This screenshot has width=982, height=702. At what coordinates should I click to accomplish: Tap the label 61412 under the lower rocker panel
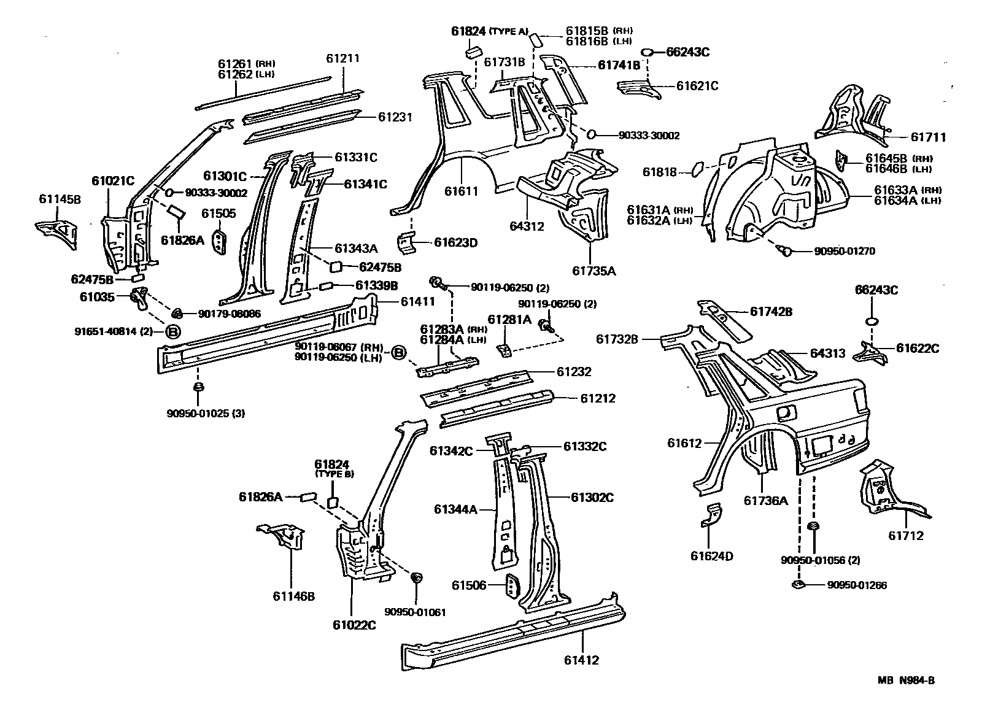pos(581,660)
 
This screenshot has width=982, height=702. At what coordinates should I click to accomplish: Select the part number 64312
pos(527,226)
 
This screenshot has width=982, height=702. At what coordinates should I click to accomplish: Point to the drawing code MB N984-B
pos(905,680)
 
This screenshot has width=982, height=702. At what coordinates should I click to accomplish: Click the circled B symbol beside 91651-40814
pos(173,331)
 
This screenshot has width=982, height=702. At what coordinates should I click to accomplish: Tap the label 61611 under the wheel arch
pos(462,192)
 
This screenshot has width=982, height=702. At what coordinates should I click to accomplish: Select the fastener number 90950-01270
pos(845,251)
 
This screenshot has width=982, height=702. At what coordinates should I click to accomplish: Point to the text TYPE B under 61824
pos(334,474)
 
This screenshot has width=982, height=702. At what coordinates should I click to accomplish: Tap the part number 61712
pos(905,536)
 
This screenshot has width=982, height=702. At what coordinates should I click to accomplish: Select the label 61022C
pos(354,625)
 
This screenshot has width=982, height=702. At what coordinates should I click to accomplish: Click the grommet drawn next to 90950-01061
pos(416,577)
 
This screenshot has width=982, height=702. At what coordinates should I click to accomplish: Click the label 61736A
pos(765,501)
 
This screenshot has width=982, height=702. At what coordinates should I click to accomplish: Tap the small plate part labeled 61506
pos(511,585)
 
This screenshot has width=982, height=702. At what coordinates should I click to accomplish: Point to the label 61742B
pos(771,312)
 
